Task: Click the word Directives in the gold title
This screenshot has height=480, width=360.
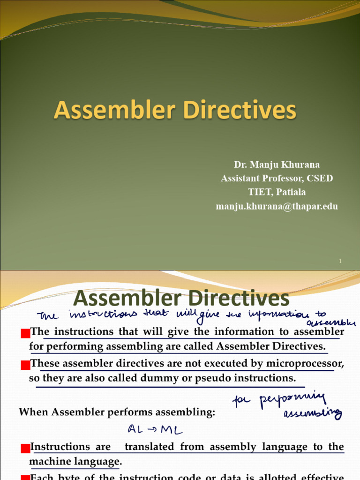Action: pyautogui.click(x=240, y=111)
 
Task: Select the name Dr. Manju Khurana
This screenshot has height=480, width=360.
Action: pyautogui.click(x=277, y=165)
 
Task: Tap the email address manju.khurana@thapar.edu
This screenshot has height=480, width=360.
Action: pyautogui.click(x=277, y=206)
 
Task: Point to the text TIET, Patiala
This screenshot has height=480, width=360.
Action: pyautogui.click(x=277, y=192)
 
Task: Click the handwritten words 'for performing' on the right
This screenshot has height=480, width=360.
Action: pyautogui.click(x=286, y=399)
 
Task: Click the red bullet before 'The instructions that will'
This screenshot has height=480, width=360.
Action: pyautogui.click(x=25, y=333)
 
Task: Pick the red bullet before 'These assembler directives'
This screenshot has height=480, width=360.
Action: pyautogui.click(x=25, y=364)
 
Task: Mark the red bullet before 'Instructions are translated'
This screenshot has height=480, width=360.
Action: pyautogui.click(x=25, y=449)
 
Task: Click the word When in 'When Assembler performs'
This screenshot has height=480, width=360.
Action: pyautogui.click(x=33, y=412)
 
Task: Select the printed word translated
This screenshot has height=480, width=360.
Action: pyautogui.click(x=150, y=447)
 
